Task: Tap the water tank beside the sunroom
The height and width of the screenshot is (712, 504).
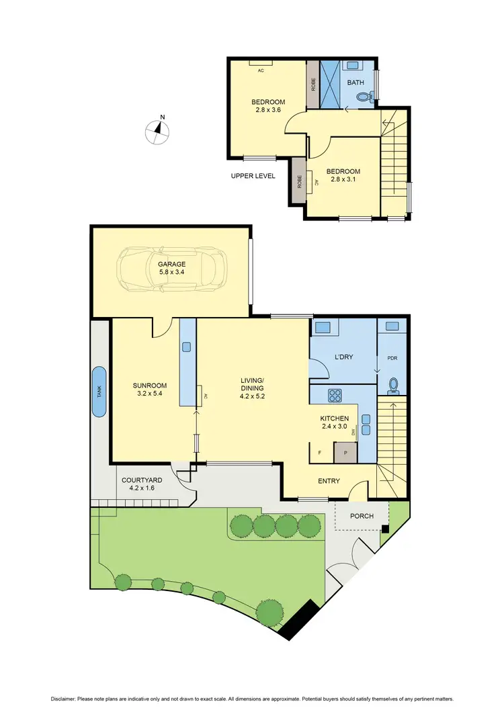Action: [x=99, y=392]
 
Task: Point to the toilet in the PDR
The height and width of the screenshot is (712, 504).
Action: [x=394, y=386]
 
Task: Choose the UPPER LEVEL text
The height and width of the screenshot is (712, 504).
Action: [x=253, y=176]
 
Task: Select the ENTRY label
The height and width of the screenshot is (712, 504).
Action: [x=329, y=481]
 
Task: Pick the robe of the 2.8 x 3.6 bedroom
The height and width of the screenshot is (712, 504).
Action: [x=313, y=84]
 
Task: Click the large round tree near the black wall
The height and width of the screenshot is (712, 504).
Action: [x=269, y=612]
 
